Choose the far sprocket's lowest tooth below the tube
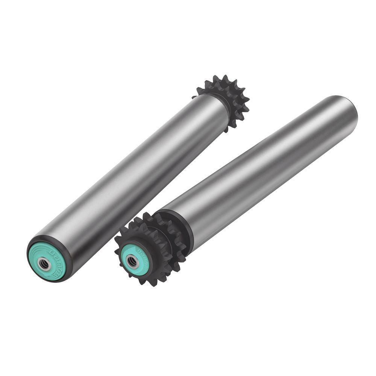(227, 130)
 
